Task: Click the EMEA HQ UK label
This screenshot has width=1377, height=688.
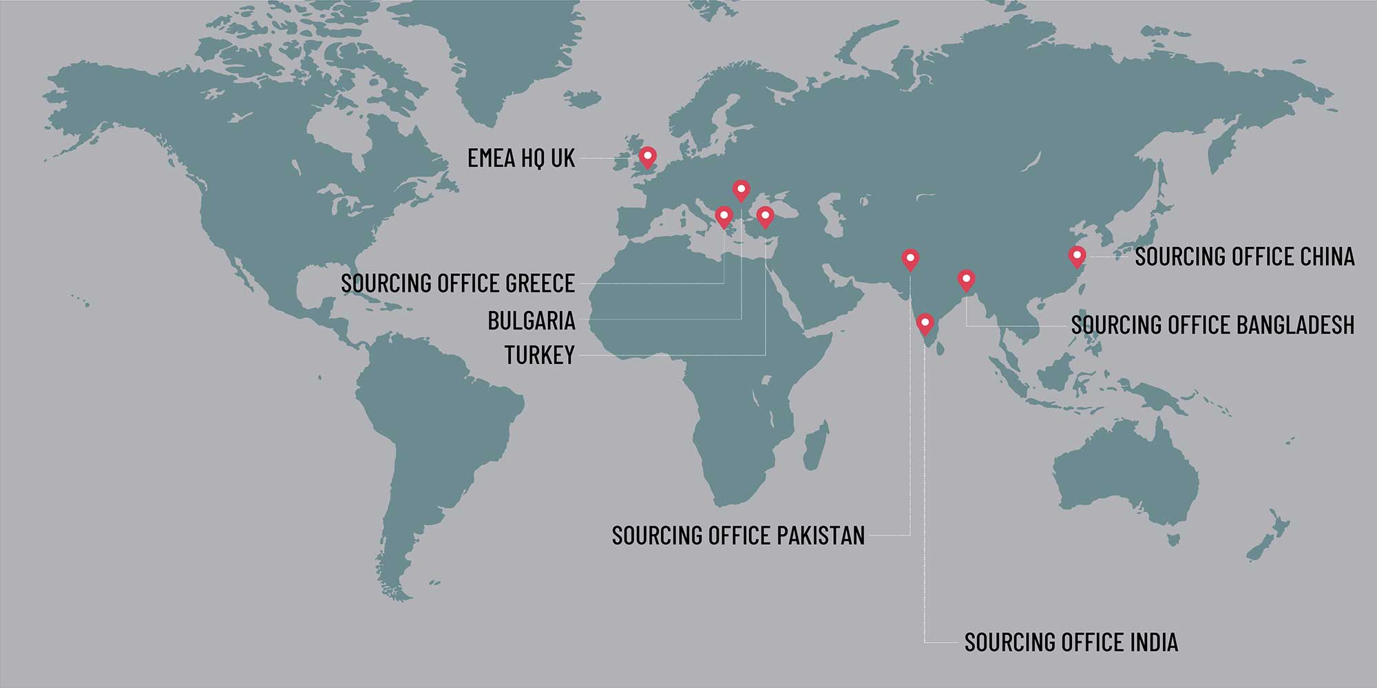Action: point(521,158)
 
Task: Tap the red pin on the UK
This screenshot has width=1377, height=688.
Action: point(647,157)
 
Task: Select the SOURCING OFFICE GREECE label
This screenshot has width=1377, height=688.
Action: point(458,283)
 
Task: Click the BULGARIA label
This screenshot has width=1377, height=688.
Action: point(531,320)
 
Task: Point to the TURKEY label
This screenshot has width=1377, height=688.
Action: point(539,355)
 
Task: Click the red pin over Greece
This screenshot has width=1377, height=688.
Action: point(724,217)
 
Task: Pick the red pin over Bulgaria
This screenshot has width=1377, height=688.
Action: point(741,190)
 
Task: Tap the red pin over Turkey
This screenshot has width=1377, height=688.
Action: point(765,217)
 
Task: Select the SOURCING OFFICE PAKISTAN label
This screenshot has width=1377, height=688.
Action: point(738,535)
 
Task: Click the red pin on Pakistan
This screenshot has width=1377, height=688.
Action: point(910,259)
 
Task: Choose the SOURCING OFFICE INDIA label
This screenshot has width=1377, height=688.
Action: point(1071,643)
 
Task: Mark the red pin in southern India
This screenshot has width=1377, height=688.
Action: point(925,323)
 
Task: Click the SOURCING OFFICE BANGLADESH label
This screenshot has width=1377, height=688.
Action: point(1212,325)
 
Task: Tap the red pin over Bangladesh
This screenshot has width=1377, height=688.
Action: point(966,280)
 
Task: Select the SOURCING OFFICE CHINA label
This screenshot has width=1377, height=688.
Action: point(1244,257)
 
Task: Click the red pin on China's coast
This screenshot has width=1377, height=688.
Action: point(1077,257)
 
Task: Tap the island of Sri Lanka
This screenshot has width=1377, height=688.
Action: point(939,348)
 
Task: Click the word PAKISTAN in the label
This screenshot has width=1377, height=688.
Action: point(821,535)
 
